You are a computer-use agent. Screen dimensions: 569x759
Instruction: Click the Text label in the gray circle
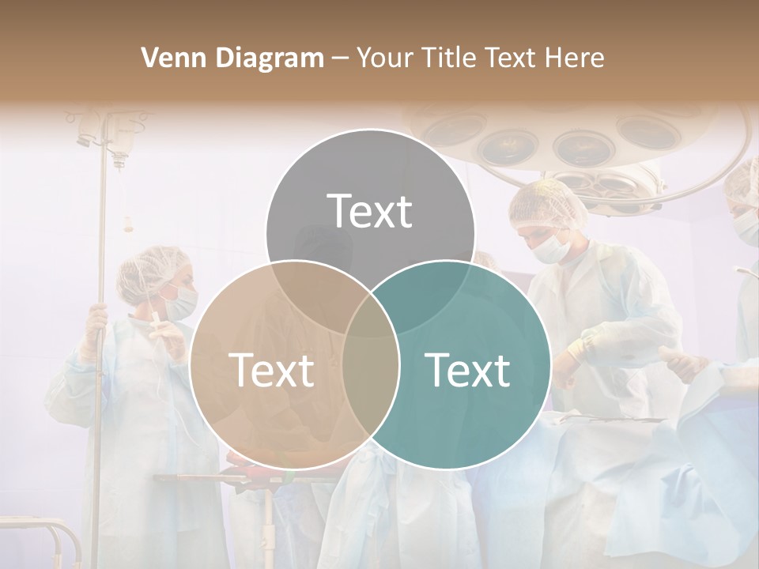point(370,211)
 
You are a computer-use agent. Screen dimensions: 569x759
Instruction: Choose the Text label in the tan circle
point(271,370)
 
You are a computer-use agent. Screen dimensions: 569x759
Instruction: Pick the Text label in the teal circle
point(467,370)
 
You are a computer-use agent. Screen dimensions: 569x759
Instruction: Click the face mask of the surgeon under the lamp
point(552,248)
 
